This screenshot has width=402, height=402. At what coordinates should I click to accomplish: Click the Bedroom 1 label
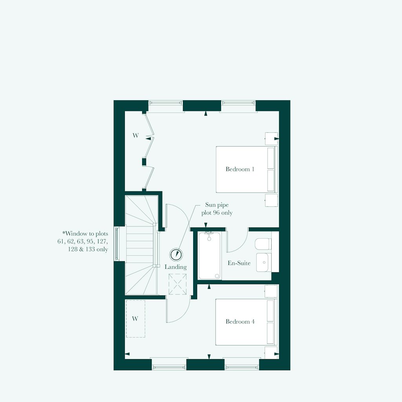tap(240, 169)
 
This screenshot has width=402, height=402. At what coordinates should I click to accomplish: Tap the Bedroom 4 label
tap(240, 321)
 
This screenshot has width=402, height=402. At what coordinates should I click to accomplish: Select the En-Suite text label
tap(239, 263)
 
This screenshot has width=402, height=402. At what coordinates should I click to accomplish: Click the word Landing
tap(175, 267)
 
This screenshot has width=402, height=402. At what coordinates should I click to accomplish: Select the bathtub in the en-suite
tap(209, 255)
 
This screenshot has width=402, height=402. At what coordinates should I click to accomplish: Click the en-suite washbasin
tap(263, 262)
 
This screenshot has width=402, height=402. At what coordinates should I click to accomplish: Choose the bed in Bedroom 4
tap(246, 322)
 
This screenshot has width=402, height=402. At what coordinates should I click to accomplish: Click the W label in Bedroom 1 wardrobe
tap(135, 136)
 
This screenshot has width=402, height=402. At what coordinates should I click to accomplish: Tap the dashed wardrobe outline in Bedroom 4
tap(135, 319)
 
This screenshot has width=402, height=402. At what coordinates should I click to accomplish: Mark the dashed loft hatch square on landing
tap(177, 284)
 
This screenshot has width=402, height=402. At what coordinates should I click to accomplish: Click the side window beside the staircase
tap(117, 244)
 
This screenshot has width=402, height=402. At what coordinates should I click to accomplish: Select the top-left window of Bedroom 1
tap(166, 103)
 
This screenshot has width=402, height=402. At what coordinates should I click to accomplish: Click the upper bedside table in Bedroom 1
tap(271, 139)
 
